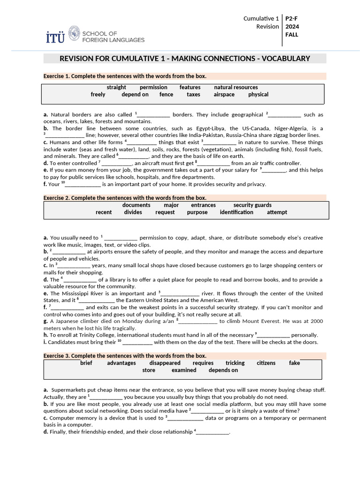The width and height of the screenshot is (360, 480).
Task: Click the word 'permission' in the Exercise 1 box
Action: (153, 87)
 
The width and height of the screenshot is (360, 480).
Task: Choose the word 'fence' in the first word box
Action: (166, 94)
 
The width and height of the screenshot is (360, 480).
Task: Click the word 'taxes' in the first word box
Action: (193, 94)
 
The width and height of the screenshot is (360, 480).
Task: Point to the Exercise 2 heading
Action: (125, 198)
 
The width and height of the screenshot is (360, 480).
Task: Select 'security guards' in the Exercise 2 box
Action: (252, 205)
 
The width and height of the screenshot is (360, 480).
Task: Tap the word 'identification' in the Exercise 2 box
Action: (236, 212)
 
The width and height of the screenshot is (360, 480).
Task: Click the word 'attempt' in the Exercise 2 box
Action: (277, 212)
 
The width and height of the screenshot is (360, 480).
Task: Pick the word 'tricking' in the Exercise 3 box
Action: (235, 363)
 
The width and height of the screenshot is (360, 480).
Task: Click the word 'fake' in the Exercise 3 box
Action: (294, 363)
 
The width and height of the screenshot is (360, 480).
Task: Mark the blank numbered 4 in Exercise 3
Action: (213, 432)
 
